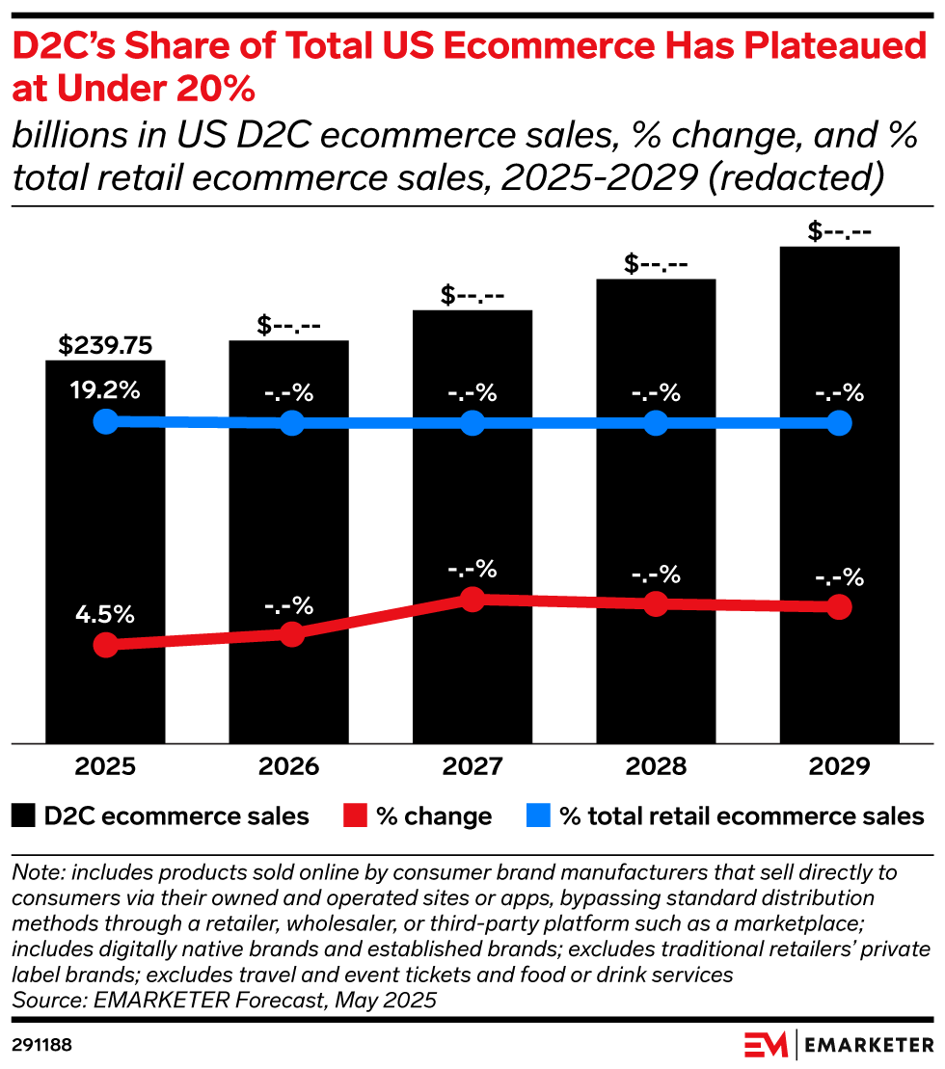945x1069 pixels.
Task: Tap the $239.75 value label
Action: (106, 345)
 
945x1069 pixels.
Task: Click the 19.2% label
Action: (106, 391)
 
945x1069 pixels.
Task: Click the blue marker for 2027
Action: (472, 423)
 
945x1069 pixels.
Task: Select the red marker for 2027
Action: (472, 600)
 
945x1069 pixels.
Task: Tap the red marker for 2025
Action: (106, 645)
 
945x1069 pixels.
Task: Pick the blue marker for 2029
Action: (839, 423)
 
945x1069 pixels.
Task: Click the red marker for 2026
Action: (291, 633)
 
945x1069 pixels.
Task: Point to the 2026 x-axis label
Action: (289, 767)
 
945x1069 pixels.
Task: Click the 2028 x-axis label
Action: (656, 767)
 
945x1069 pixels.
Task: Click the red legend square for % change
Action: (355, 817)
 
